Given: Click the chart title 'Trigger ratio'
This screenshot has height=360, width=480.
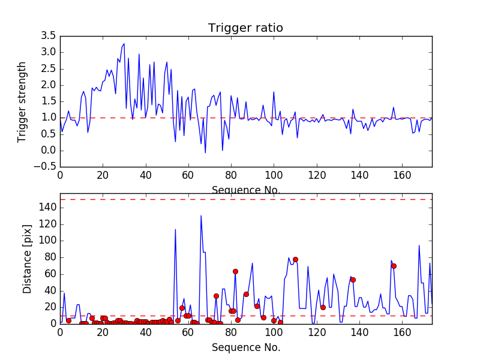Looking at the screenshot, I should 245,28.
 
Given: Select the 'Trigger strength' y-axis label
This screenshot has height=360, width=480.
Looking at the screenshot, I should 22,101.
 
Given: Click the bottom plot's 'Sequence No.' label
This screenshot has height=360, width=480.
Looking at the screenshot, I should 246,347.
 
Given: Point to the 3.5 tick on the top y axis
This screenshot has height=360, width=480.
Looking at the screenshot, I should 48,36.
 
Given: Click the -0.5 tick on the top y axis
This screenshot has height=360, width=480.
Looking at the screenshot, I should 46,167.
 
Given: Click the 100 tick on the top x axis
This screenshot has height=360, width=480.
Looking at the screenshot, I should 274,176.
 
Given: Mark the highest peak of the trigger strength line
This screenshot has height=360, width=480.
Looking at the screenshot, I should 124,44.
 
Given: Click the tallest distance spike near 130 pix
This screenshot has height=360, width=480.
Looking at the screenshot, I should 201,215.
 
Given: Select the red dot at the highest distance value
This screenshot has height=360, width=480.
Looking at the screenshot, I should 295,259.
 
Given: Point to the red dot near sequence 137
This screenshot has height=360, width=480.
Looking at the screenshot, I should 353,280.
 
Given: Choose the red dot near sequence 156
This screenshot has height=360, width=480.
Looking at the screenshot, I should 394,266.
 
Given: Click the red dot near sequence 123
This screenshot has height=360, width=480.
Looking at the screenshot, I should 323,307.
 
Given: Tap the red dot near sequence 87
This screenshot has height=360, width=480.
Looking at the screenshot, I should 246,294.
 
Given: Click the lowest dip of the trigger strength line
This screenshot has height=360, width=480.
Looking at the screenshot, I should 205,152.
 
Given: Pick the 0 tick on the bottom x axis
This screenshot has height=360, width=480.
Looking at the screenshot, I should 60,332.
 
